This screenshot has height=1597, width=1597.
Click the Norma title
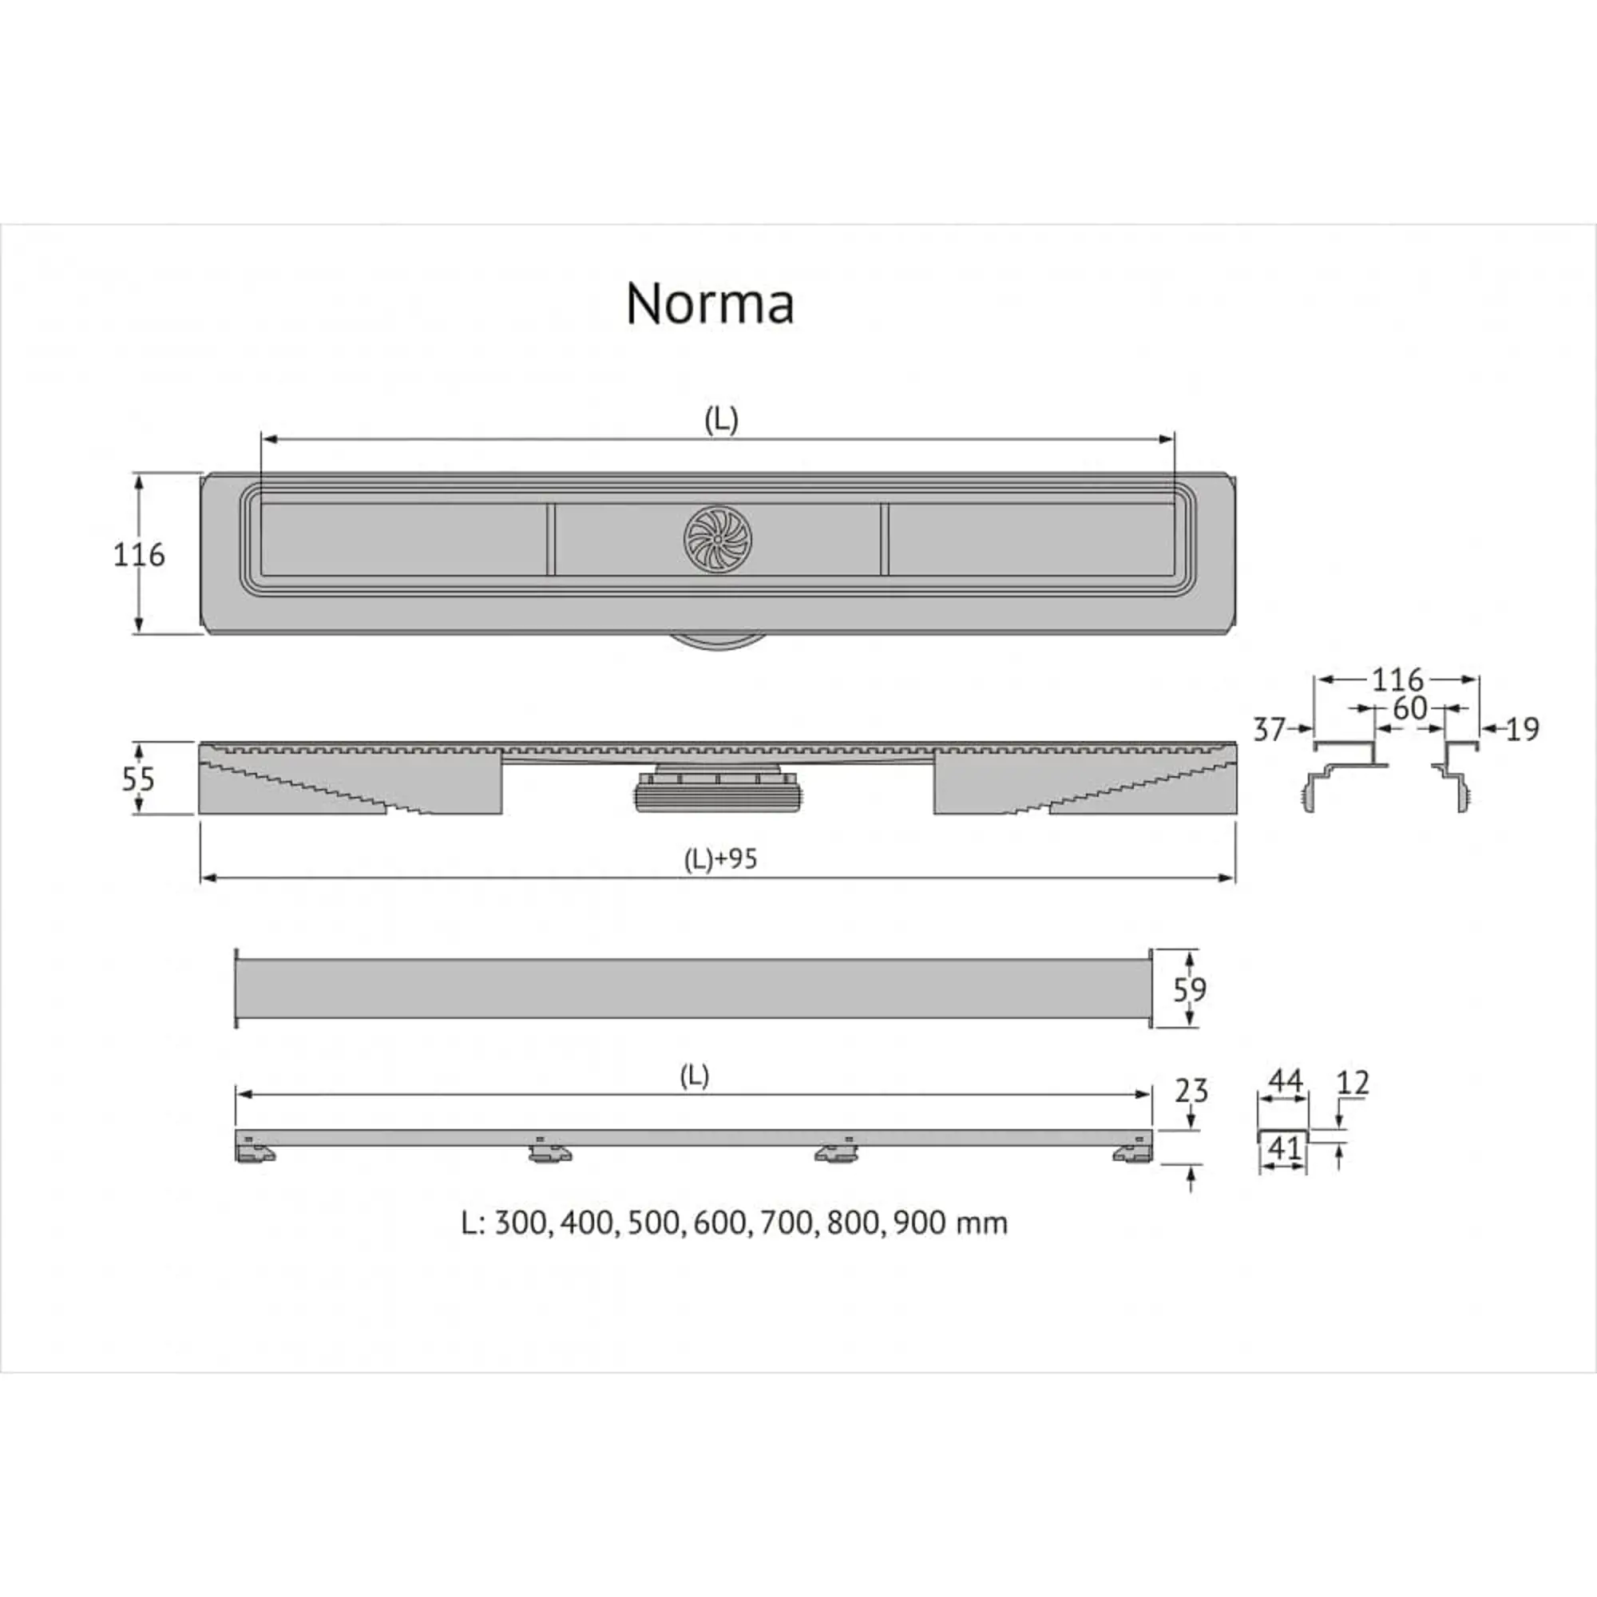(710, 303)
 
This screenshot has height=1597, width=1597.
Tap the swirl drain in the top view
(718, 539)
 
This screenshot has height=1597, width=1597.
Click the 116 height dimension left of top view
(139, 554)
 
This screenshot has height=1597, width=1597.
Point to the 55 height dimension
(138, 779)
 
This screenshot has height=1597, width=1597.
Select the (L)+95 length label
(720, 859)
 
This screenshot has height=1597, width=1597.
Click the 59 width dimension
(1190, 989)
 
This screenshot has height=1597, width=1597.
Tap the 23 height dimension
(1191, 1091)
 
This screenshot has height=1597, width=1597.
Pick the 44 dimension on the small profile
(1285, 1080)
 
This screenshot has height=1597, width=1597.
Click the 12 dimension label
(1353, 1082)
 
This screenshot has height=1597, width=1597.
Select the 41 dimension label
(1283, 1147)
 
